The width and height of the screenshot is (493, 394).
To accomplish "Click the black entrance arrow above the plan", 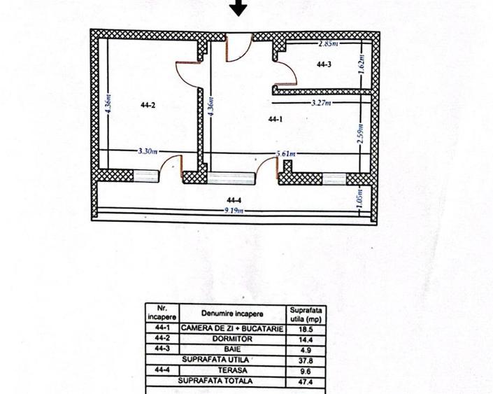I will click(239, 8).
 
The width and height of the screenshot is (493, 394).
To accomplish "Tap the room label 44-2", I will click(147, 106).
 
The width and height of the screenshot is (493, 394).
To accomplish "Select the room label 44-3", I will click(324, 64).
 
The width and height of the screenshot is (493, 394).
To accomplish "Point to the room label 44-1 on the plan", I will click(276, 120).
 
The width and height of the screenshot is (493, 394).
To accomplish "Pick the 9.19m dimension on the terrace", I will click(234, 209).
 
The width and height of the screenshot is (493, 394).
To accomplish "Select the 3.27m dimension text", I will click(322, 102).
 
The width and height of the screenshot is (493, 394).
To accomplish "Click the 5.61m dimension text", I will click(285, 154).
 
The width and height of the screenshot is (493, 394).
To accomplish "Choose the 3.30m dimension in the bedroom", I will click(148, 150).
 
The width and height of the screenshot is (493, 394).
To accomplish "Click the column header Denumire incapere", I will click(231, 313).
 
